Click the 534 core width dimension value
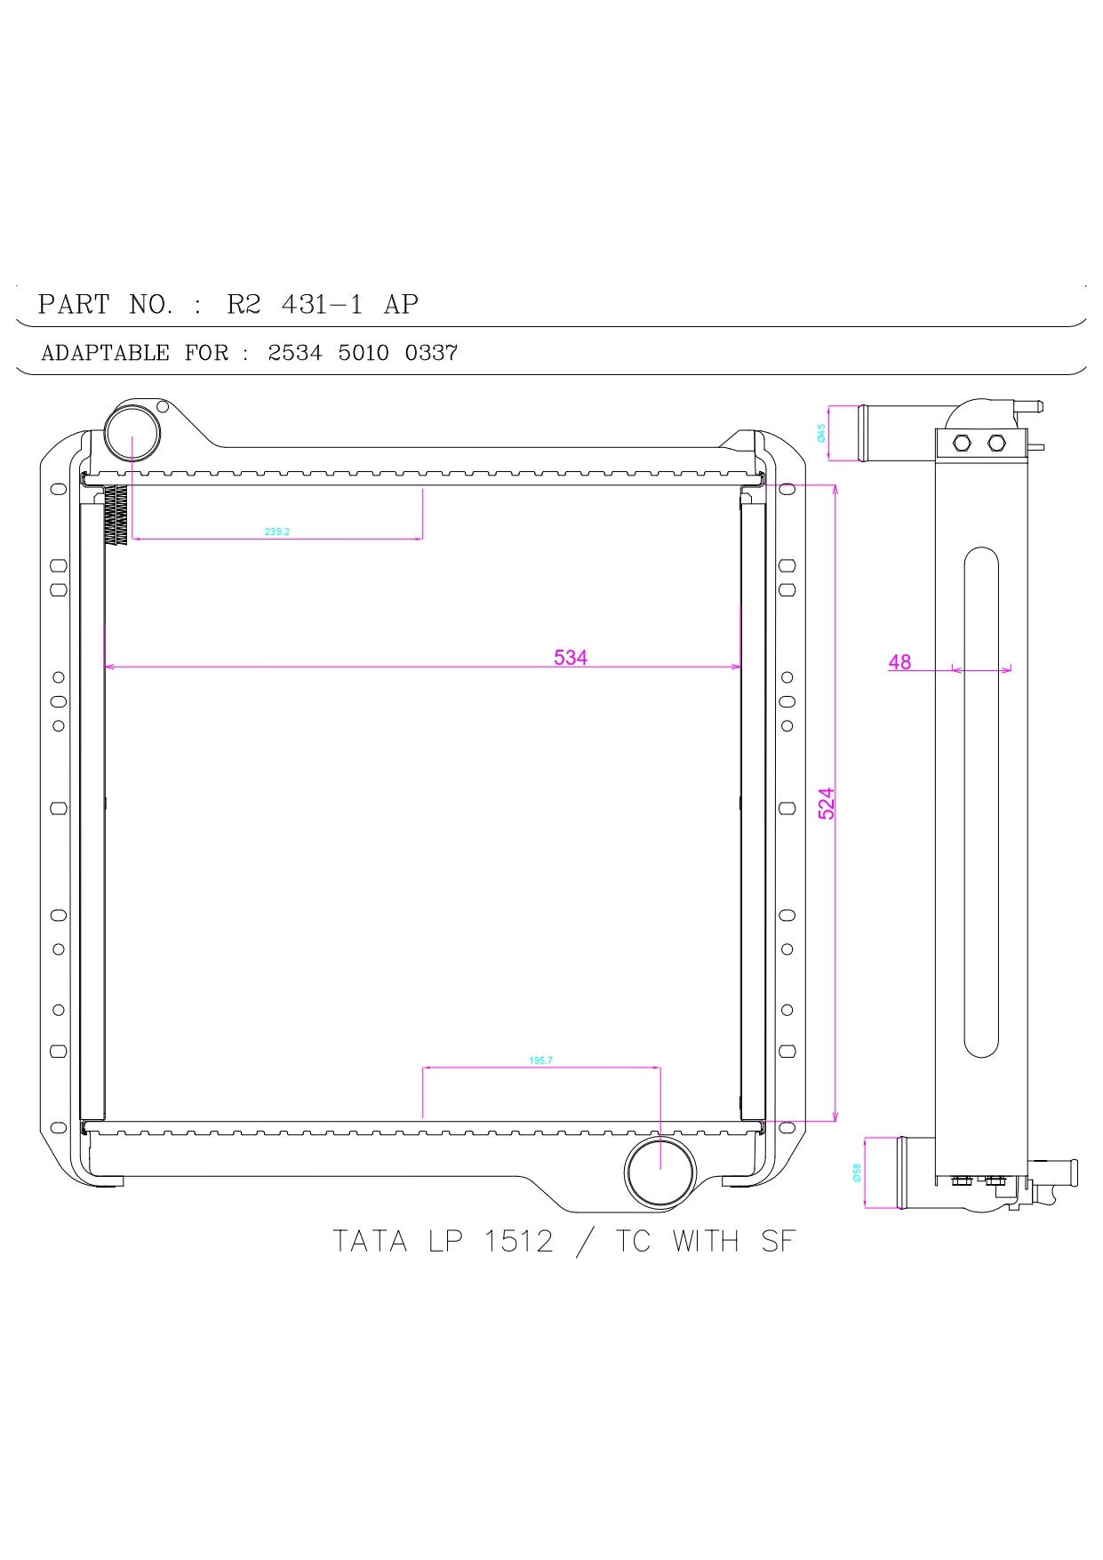(570, 657)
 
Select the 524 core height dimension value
(826, 804)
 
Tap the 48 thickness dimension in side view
(899, 661)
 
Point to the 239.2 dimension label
(277, 532)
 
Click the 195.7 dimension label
(540, 1060)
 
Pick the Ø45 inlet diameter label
(821, 433)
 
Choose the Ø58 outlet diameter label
(857, 1173)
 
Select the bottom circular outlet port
(660, 1172)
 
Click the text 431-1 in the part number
(322, 305)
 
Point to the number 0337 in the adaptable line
(431, 353)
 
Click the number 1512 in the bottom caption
(518, 1241)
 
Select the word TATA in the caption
(370, 1241)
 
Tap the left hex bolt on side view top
(961, 443)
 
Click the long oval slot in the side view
(980, 802)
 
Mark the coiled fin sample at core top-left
(116, 516)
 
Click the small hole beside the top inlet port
(163, 407)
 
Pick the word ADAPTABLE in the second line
(105, 353)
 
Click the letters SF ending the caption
(778, 1241)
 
